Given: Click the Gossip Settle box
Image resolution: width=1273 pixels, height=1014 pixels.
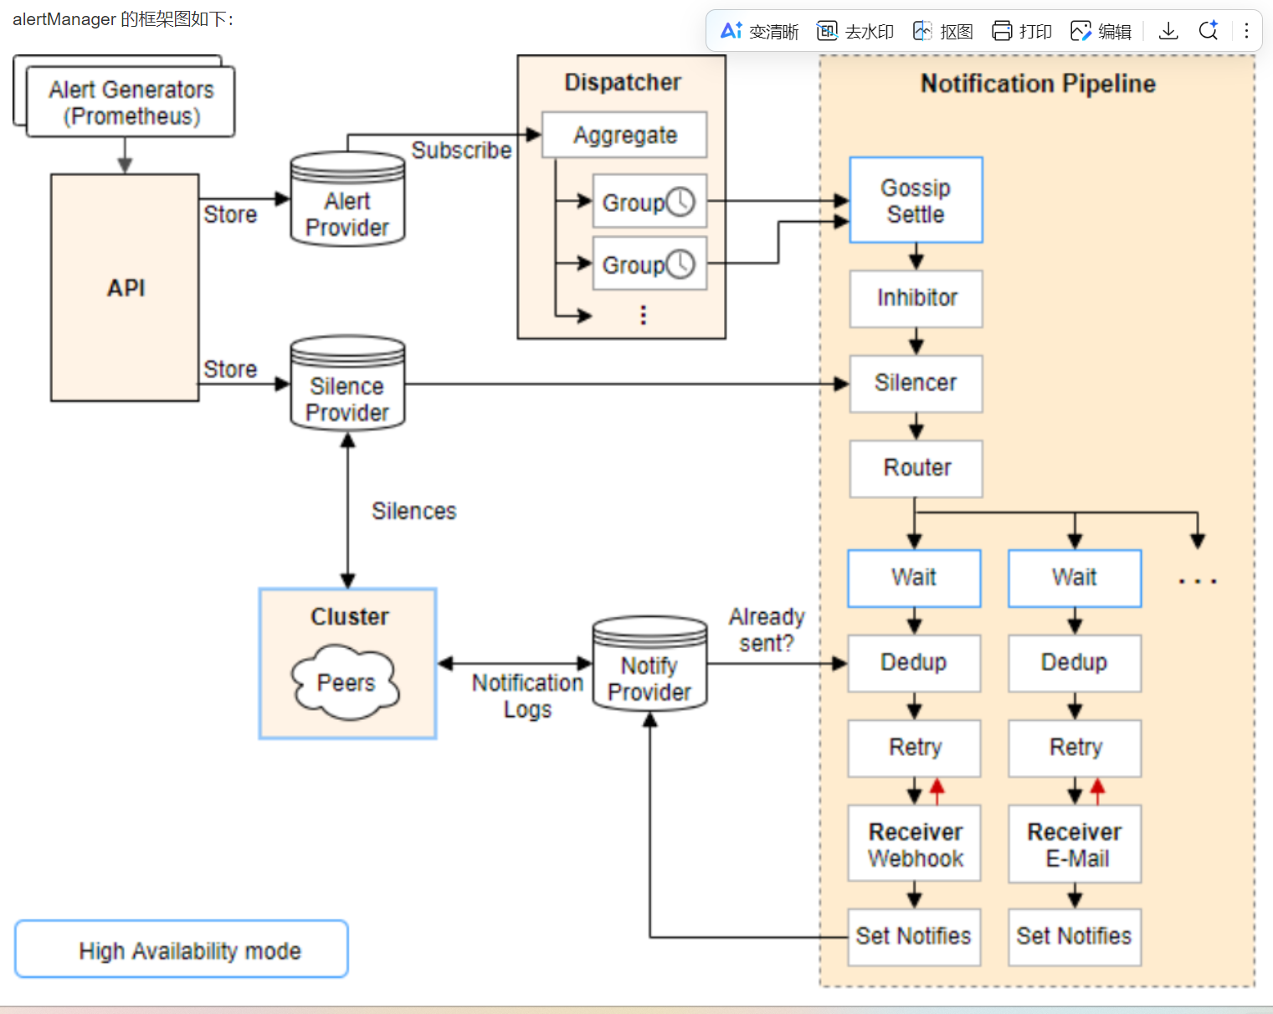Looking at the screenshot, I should coord(916,201).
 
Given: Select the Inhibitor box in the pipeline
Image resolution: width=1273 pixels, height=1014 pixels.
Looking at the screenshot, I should coord(916,298).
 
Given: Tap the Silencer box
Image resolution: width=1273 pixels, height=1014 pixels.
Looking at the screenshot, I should coord(916,383).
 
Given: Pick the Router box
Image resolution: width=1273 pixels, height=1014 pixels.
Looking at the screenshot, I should coord(916,468).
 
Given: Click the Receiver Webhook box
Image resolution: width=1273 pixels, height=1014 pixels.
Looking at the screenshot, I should coord(914,844).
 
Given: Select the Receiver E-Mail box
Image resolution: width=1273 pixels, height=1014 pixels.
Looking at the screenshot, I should coord(1075,844).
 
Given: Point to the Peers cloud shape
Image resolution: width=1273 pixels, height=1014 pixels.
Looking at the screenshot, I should coord(346,682).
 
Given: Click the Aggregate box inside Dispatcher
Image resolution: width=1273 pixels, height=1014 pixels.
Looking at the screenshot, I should coord(624,135).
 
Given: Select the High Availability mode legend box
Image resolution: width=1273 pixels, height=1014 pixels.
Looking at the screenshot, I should coord(182,950).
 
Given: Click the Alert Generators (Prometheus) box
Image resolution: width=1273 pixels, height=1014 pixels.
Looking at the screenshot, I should coord(131,102).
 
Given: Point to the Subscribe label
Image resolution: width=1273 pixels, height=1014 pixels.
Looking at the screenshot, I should coord(461,151).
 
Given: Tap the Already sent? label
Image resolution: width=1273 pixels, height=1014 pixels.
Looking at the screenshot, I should coord(766,630).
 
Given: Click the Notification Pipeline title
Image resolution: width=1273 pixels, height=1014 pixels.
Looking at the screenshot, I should coord(1038,84).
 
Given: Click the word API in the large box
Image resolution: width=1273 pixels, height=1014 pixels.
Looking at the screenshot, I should coord(126,288).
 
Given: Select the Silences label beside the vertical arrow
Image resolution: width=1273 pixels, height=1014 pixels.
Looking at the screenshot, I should coord(413,511).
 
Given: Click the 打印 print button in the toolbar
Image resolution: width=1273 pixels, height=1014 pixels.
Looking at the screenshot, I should coord(1022,31).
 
